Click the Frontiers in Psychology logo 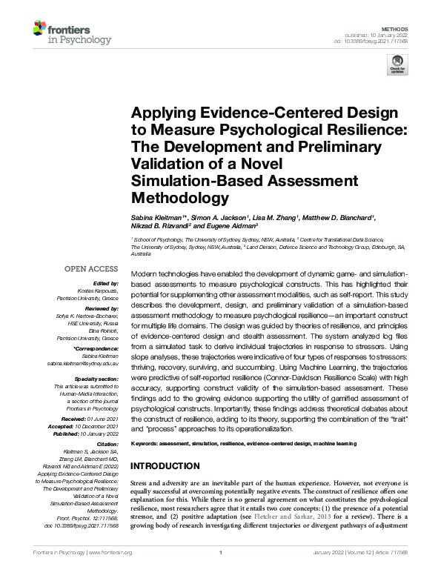(71, 33)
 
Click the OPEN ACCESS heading (92, 270)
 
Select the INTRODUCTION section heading (165, 466)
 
